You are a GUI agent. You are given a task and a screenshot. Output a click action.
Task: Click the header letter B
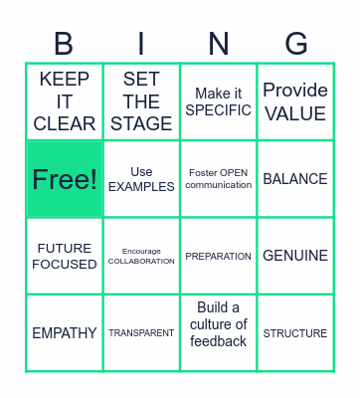coord(64,44)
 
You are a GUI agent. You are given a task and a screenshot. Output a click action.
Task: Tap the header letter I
coord(141,44)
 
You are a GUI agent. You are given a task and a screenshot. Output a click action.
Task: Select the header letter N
coord(219,44)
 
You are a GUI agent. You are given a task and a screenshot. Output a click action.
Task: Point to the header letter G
coord(295,44)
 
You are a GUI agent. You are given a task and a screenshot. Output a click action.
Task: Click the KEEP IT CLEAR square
coord(65,101)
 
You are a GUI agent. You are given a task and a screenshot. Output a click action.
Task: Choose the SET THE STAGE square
coord(141,101)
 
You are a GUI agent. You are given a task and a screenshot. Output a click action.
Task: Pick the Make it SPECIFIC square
coord(219,101)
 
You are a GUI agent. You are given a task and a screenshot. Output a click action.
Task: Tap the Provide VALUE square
coord(295,101)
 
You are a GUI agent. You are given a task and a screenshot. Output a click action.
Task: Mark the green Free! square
coord(65,179)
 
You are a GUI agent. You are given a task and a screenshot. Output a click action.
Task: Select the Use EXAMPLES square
coord(141,179)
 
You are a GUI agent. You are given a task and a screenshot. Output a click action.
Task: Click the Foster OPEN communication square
coord(219,179)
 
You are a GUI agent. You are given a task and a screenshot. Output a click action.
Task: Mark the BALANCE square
coord(295,179)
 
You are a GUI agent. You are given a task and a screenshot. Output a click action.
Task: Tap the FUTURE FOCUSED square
coord(65,256)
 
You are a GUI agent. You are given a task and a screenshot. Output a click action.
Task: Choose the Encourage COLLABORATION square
coord(141,256)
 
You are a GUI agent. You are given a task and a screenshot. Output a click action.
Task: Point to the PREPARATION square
coord(219,256)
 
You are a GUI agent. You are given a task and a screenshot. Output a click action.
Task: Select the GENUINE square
coord(295,256)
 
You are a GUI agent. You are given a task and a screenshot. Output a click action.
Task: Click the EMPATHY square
coord(65,333)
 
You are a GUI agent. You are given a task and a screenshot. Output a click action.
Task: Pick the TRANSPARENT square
coord(141,333)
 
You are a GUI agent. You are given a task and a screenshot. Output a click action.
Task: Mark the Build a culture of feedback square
coord(219,333)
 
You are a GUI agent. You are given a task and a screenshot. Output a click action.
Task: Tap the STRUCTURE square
coord(295,333)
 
